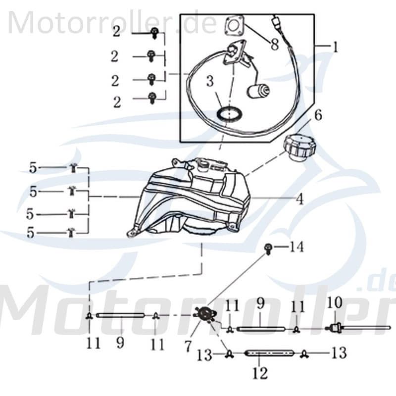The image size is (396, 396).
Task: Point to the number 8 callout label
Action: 274,44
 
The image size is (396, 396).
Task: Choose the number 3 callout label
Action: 209,81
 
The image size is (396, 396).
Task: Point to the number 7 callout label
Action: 188,346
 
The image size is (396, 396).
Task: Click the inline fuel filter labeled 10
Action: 335,327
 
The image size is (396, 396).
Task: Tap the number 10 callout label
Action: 335,301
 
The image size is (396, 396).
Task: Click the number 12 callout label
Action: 260,372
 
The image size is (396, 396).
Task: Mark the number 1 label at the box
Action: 335,48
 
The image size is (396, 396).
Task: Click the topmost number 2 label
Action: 116,33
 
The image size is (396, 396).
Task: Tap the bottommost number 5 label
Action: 31,233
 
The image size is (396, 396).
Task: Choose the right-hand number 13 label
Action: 340,353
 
